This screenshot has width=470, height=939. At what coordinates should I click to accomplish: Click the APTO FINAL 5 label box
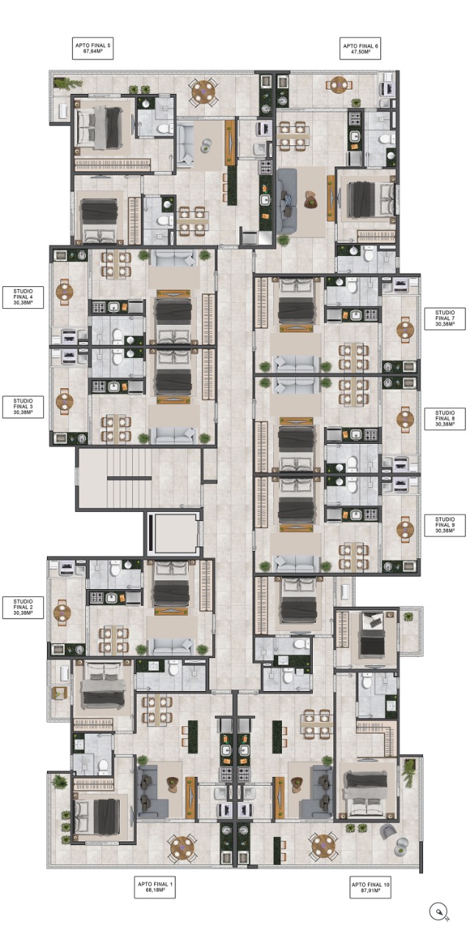pos(93,48)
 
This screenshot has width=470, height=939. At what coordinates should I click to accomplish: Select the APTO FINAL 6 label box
pos(361,48)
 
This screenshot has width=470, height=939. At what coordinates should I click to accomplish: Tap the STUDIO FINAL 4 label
pos(23,297)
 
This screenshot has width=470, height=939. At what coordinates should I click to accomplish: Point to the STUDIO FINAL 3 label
pos(23,406)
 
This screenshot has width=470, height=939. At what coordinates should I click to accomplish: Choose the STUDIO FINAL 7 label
pos(445,318)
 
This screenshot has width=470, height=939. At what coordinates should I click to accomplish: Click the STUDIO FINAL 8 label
pos(445,418)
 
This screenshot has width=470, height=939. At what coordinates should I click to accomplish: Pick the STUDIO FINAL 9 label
pos(445,525)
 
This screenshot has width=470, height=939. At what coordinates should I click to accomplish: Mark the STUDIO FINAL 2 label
pos(23,607)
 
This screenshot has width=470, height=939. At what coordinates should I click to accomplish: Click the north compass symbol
pos(439,911)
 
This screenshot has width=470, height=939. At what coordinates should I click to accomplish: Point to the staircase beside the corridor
pos(129,478)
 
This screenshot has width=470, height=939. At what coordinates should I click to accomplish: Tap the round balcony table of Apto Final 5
pos(203,90)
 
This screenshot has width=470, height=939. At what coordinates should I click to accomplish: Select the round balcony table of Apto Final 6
pos(339,85)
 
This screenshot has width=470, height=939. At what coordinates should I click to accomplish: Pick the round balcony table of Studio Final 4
pos(64,291)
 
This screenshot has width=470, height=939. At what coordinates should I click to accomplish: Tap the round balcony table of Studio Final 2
pos(62,612)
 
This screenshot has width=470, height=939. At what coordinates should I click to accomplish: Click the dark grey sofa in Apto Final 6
pos(286,201)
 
